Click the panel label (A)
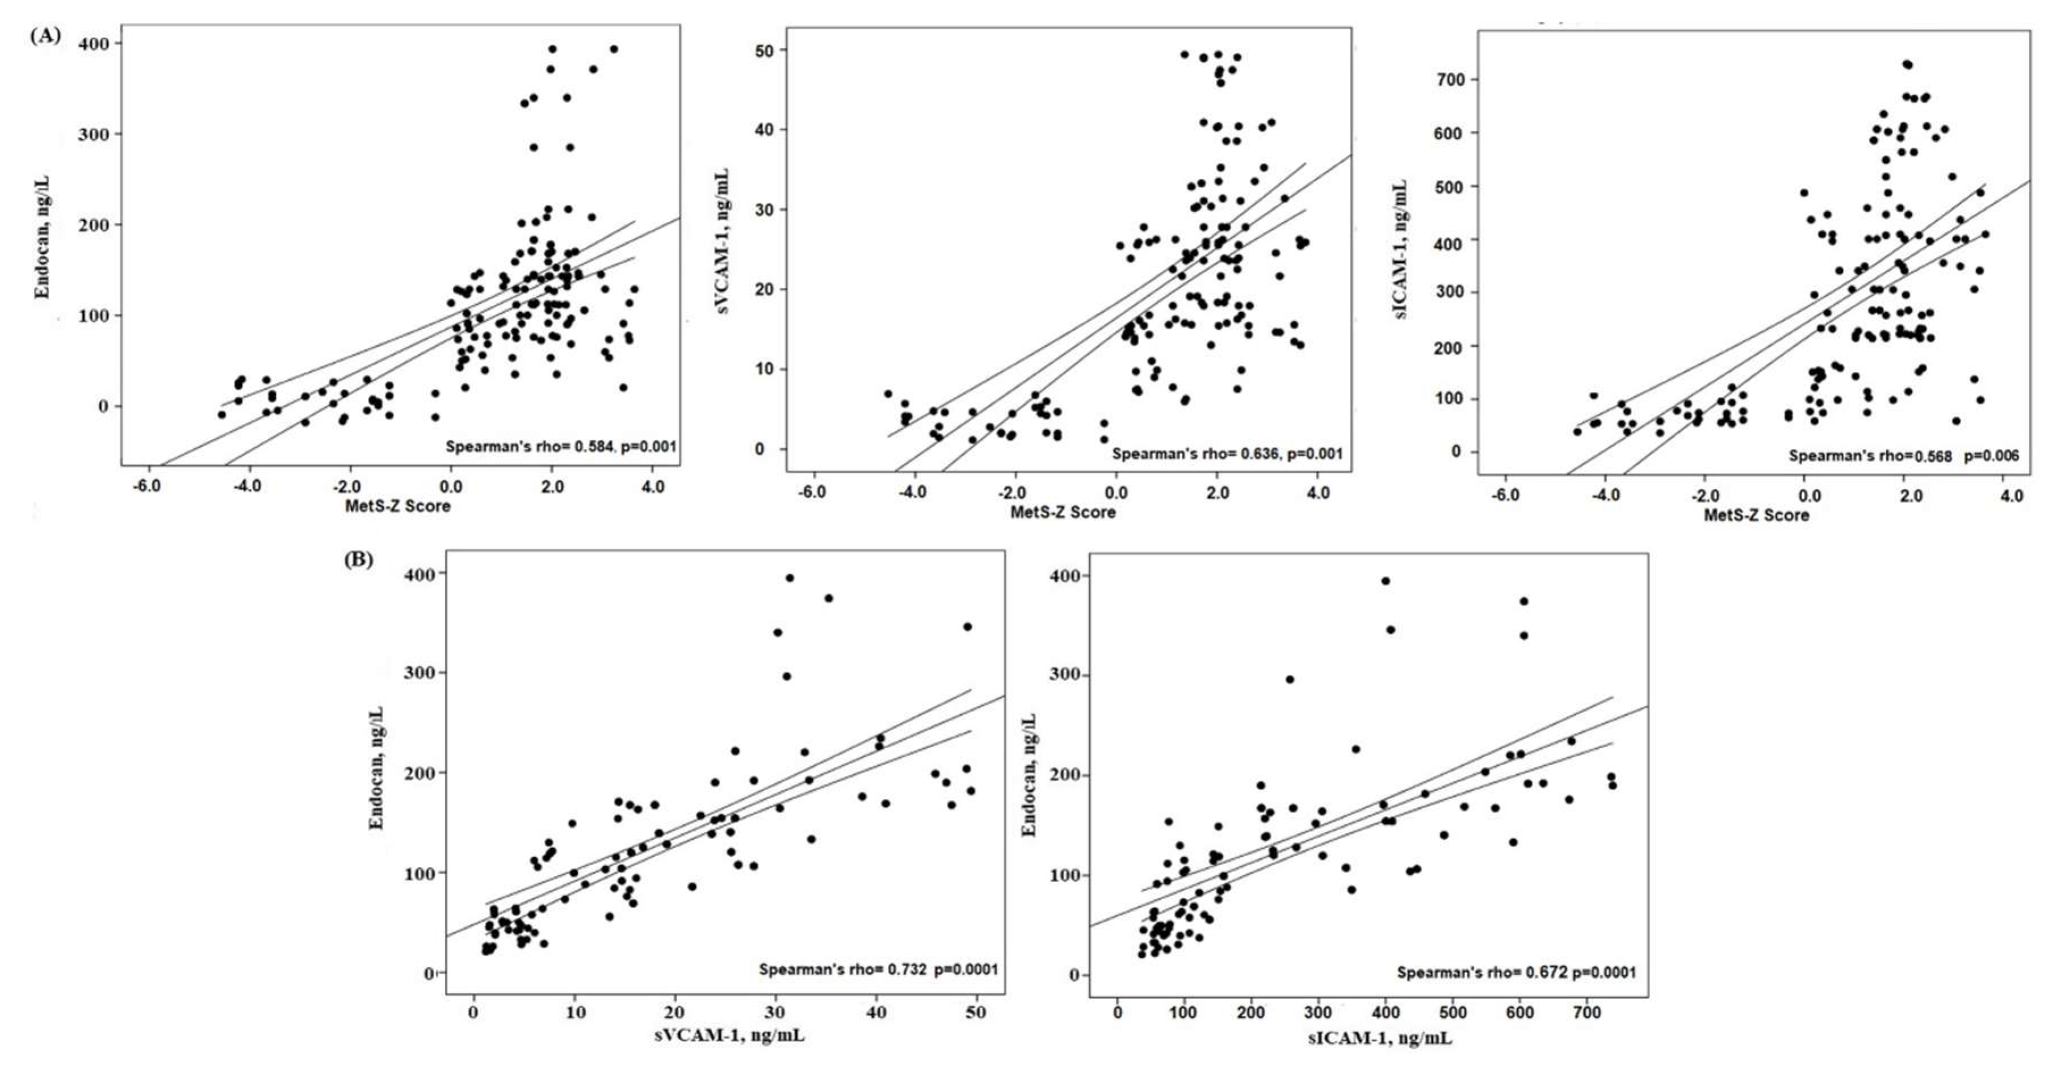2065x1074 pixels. click(x=45, y=36)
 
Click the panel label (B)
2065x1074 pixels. click(x=358, y=560)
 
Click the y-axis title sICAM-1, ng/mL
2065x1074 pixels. click(x=1402, y=249)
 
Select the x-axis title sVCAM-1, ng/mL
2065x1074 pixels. click(x=729, y=1035)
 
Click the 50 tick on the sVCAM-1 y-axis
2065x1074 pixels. click(x=765, y=51)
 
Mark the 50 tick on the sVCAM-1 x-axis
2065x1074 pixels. click(x=976, y=1013)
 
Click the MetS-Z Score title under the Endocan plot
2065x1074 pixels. click(x=397, y=506)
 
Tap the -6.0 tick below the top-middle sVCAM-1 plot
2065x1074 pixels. click(x=812, y=492)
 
